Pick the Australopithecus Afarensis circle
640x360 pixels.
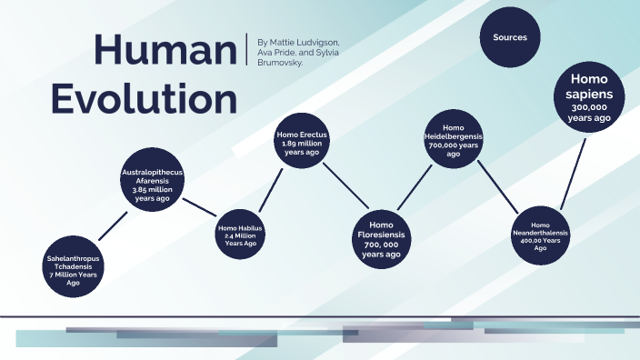(x=153, y=179)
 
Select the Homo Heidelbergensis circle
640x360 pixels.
(x=453, y=140)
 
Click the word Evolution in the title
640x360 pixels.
(x=145, y=96)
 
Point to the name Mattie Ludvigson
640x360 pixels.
(x=307, y=43)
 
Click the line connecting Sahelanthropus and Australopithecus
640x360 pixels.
(x=113, y=226)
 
